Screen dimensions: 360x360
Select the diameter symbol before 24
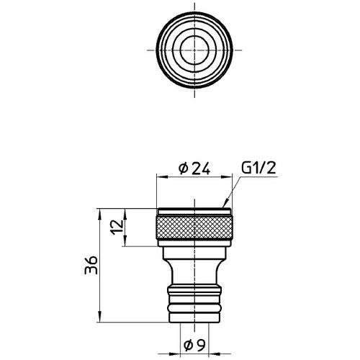tap(182, 169)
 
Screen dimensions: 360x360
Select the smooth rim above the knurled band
tap(193, 212)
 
